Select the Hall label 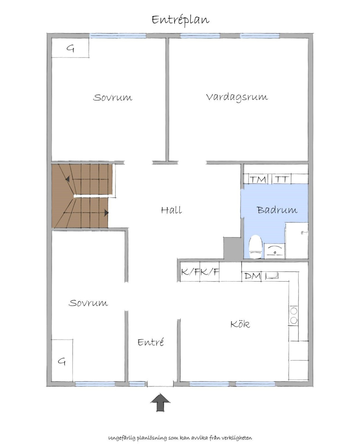pyautogui.click(x=171, y=210)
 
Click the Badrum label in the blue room pyautogui.click(x=277, y=210)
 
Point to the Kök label pyautogui.click(x=240, y=324)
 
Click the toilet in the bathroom pyautogui.click(x=256, y=247)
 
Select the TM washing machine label pyautogui.click(x=258, y=180)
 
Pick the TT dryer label pyautogui.click(x=281, y=179)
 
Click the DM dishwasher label pyautogui.click(x=252, y=276)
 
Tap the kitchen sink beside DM pyautogui.click(x=272, y=276)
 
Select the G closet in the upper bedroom pyautogui.click(x=70, y=48)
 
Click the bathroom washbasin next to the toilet pyautogui.click(x=274, y=251)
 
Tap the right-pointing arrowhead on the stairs pyautogui.click(x=106, y=213)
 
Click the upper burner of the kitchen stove pyautogui.click(x=294, y=311)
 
